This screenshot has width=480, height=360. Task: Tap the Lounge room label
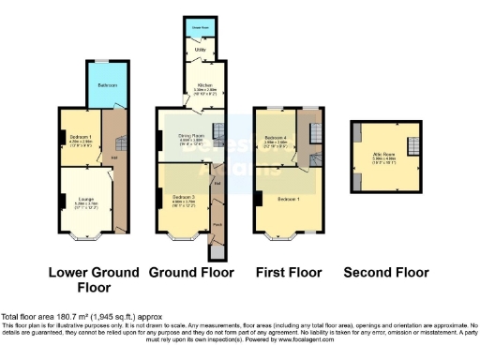(x=82, y=194)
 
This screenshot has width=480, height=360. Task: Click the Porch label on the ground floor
(x=216, y=225)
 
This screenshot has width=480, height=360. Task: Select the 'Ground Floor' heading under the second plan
(x=190, y=273)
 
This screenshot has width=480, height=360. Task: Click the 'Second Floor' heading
(x=386, y=273)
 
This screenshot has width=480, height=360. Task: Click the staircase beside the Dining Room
(x=219, y=131)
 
